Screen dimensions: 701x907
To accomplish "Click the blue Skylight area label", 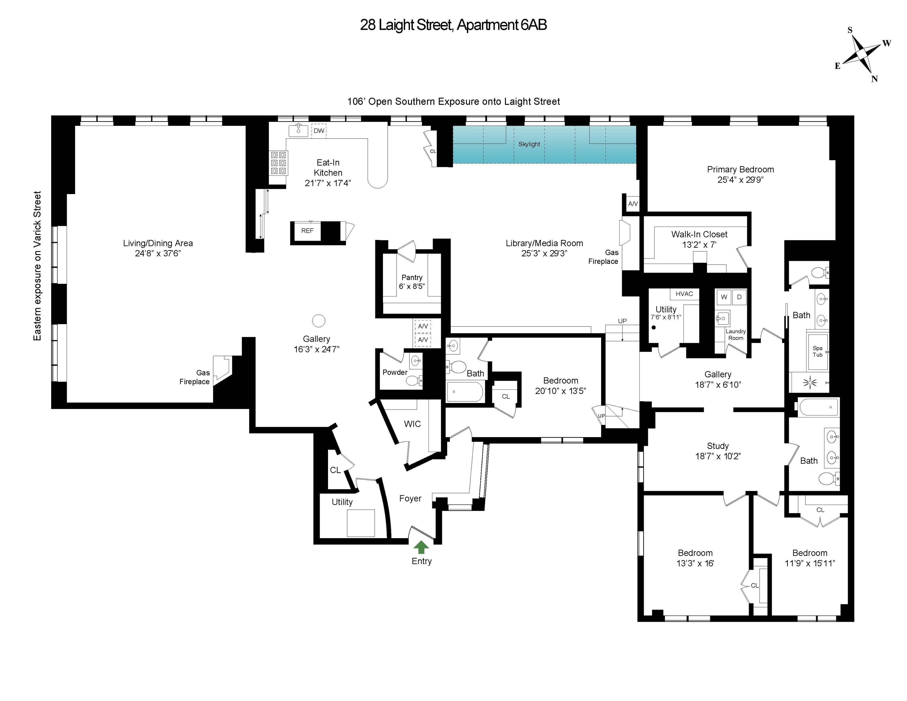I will click(x=529, y=144).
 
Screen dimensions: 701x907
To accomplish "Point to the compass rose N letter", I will click(x=874, y=79).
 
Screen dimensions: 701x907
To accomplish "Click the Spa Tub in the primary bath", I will click(x=817, y=352).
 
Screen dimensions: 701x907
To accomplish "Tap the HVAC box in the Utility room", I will click(x=684, y=294).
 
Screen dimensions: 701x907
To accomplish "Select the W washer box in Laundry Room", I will click(x=724, y=297).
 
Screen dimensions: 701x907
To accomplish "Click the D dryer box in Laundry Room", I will click(x=739, y=297).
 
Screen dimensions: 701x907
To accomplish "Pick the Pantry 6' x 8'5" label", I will click(x=412, y=282).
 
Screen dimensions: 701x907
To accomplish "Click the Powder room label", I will click(x=395, y=372).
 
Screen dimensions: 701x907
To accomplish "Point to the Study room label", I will click(x=718, y=446).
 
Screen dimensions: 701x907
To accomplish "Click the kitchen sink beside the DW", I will click(x=298, y=130).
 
